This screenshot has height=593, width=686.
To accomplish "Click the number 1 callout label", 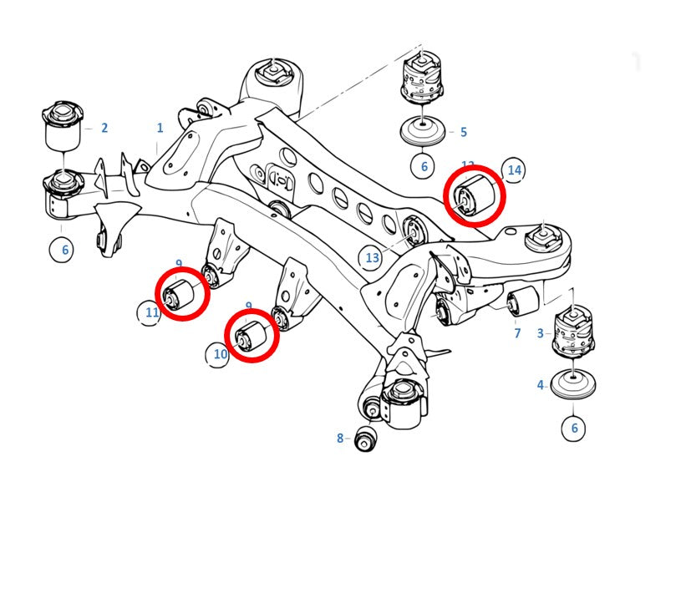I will (160, 128).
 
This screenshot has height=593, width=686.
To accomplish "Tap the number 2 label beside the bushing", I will (104, 128).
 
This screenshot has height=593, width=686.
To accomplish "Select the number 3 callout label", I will (541, 333).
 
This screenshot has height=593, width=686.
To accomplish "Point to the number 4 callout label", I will (541, 385).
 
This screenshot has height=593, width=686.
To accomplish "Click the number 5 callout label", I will (463, 132).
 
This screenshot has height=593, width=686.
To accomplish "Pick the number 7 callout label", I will (517, 333).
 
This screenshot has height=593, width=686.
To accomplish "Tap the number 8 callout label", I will (340, 438).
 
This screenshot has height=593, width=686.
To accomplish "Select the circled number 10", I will (220, 354).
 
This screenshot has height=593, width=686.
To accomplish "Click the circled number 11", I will (150, 313).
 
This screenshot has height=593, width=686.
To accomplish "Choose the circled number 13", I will (373, 258).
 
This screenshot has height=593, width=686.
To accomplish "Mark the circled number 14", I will (514, 170).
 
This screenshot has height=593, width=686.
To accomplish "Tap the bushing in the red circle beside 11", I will (182, 293).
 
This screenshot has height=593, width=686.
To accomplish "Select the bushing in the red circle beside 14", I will (475, 195).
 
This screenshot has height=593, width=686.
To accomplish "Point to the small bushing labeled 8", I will (365, 438).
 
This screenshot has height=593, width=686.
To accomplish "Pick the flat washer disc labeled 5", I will (424, 133).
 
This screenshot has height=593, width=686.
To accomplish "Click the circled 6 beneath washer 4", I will (573, 428).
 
